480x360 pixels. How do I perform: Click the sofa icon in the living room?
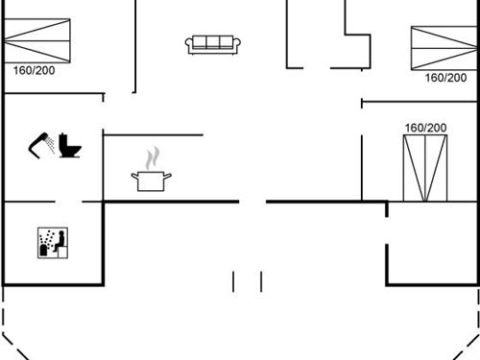pyautogui.click(x=213, y=43)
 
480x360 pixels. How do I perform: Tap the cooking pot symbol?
pyautogui.click(x=152, y=180)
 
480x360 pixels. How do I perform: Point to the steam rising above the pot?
pyautogui.click(x=152, y=157)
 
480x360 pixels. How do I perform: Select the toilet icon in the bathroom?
pyautogui.click(x=70, y=146)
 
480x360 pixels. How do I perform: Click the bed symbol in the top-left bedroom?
pyautogui.click(x=36, y=41)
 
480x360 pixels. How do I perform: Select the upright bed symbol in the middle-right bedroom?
pyautogui.click(x=424, y=167)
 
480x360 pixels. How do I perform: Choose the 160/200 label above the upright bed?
pyautogui.click(x=424, y=128)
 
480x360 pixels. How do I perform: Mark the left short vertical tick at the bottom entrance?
pyautogui.click(x=233, y=280)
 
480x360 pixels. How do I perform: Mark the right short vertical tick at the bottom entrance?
pyautogui.click(x=261, y=280)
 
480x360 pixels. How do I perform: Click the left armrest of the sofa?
pyautogui.click(x=188, y=44)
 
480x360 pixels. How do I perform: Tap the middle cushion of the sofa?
pyautogui.click(x=213, y=42)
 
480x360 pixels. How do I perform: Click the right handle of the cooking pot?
pyautogui.click(x=170, y=177)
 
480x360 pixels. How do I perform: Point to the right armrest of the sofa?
pyautogui.click(x=238, y=44)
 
